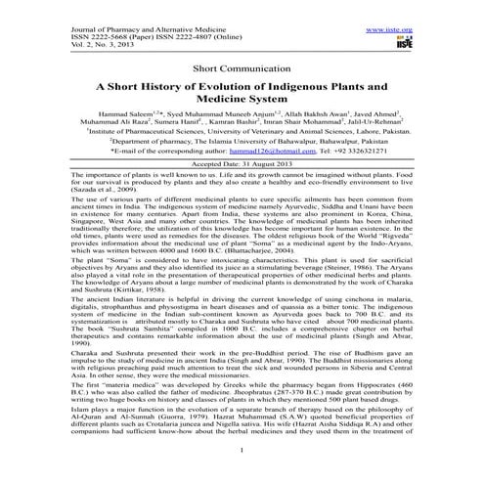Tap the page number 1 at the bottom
tap(242, 476)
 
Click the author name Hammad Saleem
tap(92, 115)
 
